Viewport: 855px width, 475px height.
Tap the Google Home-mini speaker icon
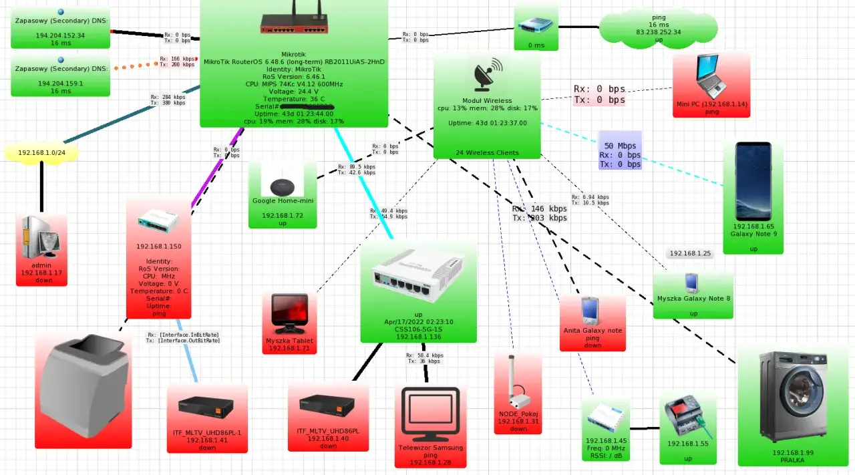point(282,186)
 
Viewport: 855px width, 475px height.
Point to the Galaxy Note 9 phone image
point(753,181)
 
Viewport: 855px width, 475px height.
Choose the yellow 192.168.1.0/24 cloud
point(41,152)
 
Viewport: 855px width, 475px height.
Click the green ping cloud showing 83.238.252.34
point(658,27)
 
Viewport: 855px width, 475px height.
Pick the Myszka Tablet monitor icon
point(289,313)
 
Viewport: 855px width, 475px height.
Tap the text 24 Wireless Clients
point(487,153)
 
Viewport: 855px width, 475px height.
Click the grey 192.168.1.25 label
point(690,254)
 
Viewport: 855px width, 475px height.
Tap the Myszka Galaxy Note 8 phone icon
point(693,283)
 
